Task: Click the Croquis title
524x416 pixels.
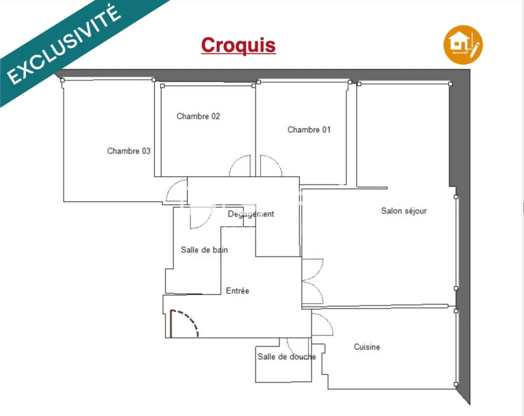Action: pyautogui.click(x=238, y=45)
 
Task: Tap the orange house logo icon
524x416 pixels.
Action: pyautogui.click(x=463, y=45)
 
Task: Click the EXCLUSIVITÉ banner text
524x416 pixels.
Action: pyautogui.click(x=64, y=44)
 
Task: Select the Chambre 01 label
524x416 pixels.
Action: pyautogui.click(x=309, y=129)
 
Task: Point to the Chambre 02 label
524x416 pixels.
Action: pyautogui.click(x=198, y=116)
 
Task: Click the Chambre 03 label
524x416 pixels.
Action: pyautogui.click(x=129, y=151)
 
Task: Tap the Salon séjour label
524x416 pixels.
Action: pyautogui.click(x=404, y=211)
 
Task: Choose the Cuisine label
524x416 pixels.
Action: pyautogui.click(x=367, y=347)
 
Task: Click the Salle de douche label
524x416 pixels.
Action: pyautogui.click(x=287, y=357)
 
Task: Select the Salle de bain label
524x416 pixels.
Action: pyautogui.click(x=204, y=250)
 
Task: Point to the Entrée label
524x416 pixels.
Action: pyautogui.click(x=237, y=290)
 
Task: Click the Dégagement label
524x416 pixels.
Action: pyautogui.click(x=250, y=214)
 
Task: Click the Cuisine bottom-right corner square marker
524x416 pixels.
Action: pyautogui.click(x=456, y=385)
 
